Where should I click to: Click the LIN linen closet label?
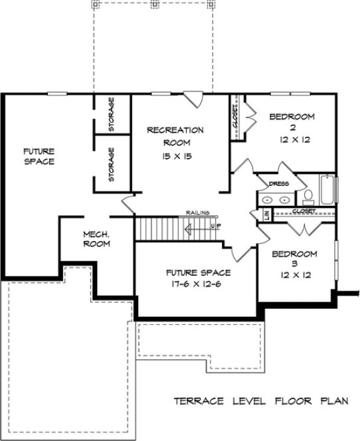266,215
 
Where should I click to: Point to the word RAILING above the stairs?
197,213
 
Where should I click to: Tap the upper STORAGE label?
111,114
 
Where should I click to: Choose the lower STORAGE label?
111,164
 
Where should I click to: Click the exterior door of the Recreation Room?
193,98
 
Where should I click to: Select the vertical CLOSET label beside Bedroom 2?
236,120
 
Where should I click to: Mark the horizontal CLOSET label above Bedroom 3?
303,211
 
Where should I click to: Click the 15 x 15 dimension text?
175,155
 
